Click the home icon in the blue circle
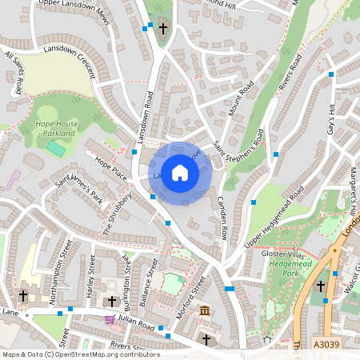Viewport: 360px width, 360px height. pyautogui.click(x=180, y=172)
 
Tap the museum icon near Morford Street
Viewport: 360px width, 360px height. pyautogui.click(x=205, y=310)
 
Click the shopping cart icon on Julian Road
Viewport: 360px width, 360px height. pyautogui.click(x=109, y=318)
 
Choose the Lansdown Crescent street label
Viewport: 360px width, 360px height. pyautogui.click(x=71, y=60)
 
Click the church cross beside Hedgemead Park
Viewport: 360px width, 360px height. pyautogui.click(x=321, y=285)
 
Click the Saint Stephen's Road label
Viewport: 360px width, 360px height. pyautogui.click(x=238, y=147)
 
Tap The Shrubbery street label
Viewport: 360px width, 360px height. pyautogui.click(x=118, y=213)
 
